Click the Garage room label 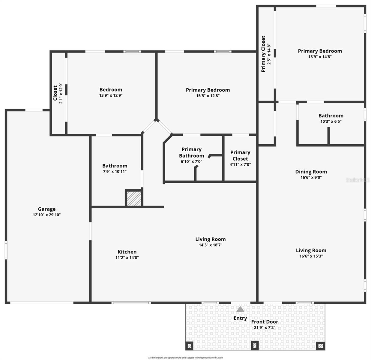coord(46,209)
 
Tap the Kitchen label coord(127,252)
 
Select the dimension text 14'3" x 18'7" coord(210,245)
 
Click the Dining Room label coord(311,172)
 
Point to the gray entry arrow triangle coord(240,309)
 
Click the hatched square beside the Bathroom coord(134,198)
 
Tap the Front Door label coord(265,322)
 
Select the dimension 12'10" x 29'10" coord(46,215)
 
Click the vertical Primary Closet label coord(263,54)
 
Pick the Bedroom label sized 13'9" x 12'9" coord(111,89)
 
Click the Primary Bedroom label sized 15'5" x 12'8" coord(208,90)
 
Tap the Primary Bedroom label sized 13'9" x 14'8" coord(320,51)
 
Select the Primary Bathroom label coord(191,152)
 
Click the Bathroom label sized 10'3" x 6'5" coord(331,115)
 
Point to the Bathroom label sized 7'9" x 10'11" coord(115,166)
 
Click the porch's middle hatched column coord(255,346)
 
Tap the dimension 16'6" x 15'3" coord(311,256)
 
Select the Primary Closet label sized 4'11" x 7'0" coord(240,155)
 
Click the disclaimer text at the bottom coord(185,358)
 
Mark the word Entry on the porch coord(240,318)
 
